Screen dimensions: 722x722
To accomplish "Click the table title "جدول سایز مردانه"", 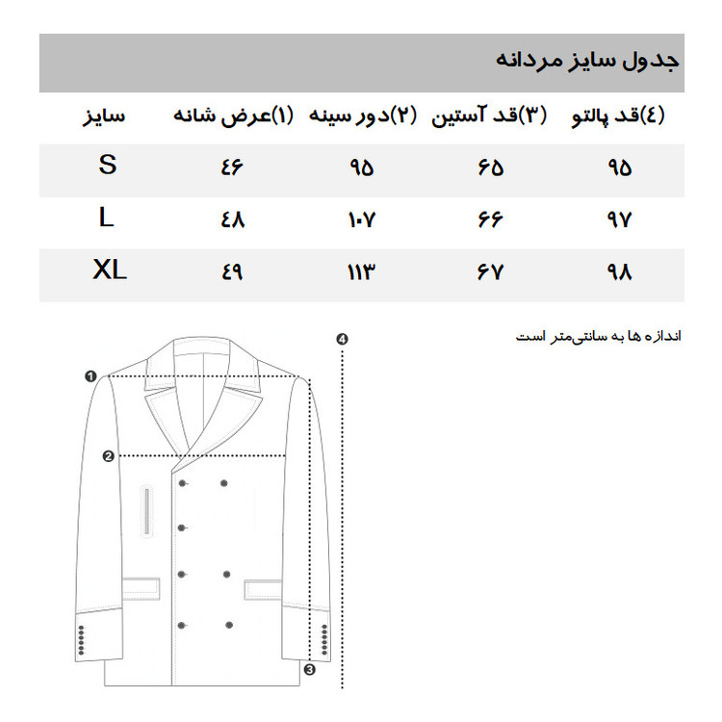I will [587, 60].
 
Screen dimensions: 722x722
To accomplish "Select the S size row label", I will [107, 166].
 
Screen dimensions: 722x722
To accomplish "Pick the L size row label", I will [107, 219].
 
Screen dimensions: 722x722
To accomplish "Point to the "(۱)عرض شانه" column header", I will [232, 116].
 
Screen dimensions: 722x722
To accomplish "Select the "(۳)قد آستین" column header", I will [488, 116].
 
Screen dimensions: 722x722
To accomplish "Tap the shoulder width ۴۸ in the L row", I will [233, 219].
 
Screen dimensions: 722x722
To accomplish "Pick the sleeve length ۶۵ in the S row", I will [489, 167].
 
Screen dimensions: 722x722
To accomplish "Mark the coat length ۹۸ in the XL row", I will [619, 272].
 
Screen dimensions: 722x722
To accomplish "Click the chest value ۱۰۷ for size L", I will [360, 219].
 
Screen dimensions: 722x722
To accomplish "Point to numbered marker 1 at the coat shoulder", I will [90, 376].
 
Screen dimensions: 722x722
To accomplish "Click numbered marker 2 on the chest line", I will [108, 456].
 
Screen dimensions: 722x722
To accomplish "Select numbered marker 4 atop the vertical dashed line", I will [342, 339].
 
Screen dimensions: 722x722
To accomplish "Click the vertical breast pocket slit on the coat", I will [147, 510].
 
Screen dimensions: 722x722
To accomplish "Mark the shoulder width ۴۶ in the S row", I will [233, 167].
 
